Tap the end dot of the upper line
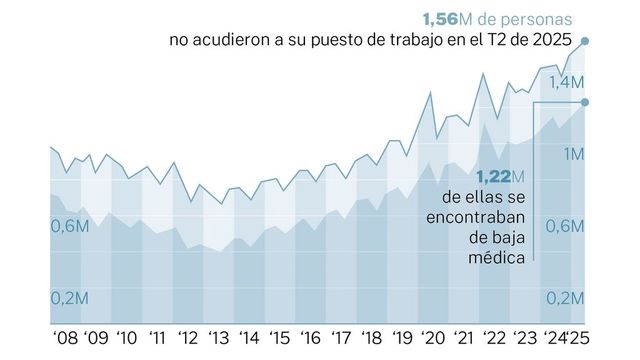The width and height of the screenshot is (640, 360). coord(585,41)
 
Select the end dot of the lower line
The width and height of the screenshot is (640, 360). coord(585,102)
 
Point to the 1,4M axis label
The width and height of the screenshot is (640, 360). coord(564,81)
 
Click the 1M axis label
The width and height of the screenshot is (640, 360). coord(573,153)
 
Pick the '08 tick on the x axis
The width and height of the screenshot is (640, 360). coord(65,337)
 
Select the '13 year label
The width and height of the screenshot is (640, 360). coord(219,337)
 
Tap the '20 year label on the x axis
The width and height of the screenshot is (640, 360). coord(434,337)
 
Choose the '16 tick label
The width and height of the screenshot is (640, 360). coord(311,337)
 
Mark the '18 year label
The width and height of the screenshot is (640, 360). coord(372,337)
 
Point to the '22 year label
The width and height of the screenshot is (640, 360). coord(495,337)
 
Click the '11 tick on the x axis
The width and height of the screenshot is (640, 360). coord(158,337)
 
